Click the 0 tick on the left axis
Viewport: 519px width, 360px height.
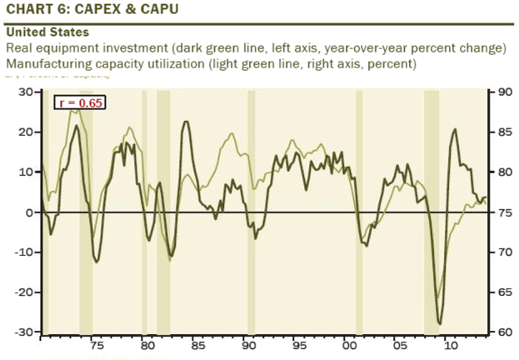coord(28,212)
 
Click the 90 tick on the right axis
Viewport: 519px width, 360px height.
coord(504,92)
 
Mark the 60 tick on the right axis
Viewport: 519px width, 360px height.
coord(504,332)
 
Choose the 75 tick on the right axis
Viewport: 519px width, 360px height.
coord(504,212)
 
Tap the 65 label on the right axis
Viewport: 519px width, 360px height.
coord(504,292)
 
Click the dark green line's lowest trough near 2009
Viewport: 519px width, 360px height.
coord(440,323)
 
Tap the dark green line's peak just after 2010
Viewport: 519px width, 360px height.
coord(455,129)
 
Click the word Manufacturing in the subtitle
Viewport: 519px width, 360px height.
coord(47,63)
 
